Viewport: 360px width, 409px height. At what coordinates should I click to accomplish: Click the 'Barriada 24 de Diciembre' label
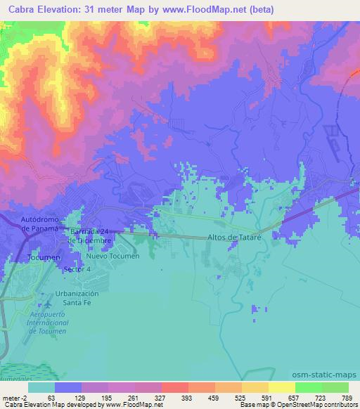click(x=89, y=236)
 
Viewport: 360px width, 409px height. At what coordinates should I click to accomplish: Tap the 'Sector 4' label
click(x=77, y=269)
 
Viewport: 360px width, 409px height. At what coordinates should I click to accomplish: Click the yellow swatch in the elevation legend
click(x=281, y=387)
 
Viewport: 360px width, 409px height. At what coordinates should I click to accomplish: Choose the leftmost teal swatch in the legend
click(x=41, y=387)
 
